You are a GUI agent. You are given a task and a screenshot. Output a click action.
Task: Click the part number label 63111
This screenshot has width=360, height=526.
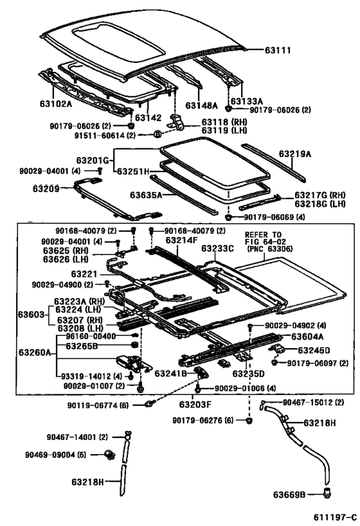pyautogui.click(x=278, y=49)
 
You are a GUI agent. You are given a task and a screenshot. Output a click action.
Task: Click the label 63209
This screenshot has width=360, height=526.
pyautogui.click(x=47, y=188)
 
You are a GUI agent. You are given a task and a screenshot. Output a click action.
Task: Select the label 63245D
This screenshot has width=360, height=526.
pyautogui.click(x=313, y=350)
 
